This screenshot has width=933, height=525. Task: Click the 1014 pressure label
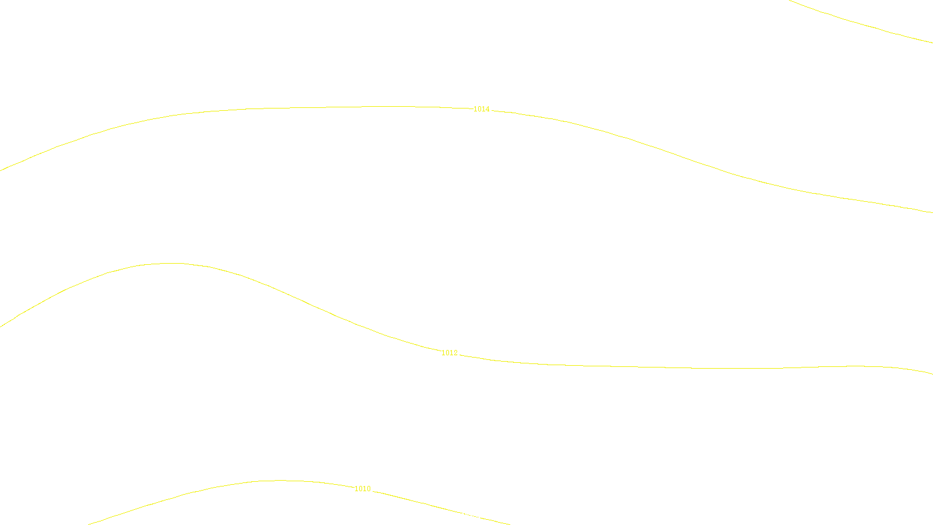pyautogui.click(x=481, y=109)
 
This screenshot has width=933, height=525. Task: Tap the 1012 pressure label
pyautogui.click(x=449, y=353)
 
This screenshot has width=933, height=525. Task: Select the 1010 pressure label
pyautogui.click(x=362, y=489)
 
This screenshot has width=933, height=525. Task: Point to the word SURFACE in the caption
pyautogui.click(x=466, y=516)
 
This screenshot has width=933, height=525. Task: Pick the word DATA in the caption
pyautogui.click(x=493, y=516)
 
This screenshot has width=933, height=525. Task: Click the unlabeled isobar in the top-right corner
pyautogui.click(x=863, y=24)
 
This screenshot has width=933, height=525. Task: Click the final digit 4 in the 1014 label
pyautogui.click(x=487, y=109)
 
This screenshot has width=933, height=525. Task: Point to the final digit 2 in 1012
pyautogui.click(x=455, y=353)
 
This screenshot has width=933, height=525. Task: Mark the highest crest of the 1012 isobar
pyautogui.click(x=169, y=263)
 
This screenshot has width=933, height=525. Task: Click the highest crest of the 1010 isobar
pyautogui.click(x=280, y=481)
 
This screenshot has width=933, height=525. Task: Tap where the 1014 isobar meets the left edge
pyautogui.click(x=1, y=170)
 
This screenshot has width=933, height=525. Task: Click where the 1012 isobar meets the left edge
pyautogui.click(x=1, y=325)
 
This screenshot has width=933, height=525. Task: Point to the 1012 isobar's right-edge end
pyautogui.click(x=931, y=373)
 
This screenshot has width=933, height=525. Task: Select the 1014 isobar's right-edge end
pyautogui.click(x=931, y=212)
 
